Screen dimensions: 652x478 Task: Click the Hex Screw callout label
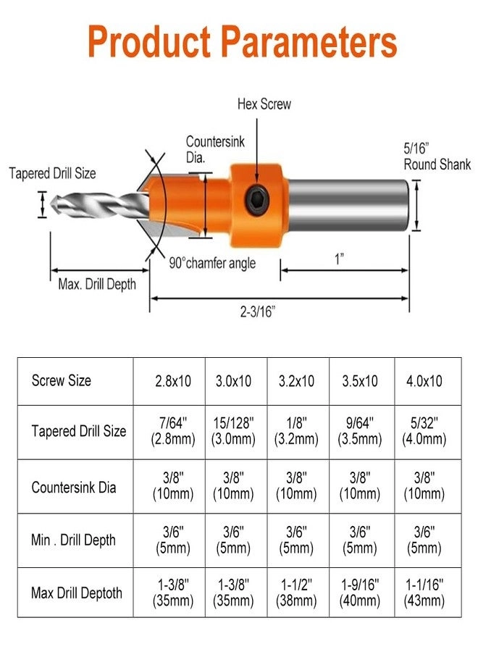[264, 104]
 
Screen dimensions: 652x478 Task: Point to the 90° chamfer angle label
[212, 263]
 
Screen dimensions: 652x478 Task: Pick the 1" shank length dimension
[339, 259]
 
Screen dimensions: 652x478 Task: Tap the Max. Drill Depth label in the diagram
[96, 284]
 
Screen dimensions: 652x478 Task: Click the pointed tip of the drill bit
[53, 205]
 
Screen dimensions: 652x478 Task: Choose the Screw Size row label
[62, 380]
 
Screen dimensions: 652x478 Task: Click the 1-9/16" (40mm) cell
[360, 593]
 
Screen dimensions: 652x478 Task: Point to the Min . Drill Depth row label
[73, 540]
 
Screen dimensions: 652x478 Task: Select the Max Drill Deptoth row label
[77, 593]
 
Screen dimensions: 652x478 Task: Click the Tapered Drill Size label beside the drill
[52, 174]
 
